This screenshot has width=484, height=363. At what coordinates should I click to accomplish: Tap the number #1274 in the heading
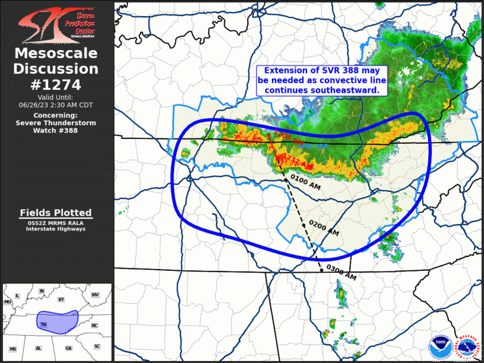tap(56, 84)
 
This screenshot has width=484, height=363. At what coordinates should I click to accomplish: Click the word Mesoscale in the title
tap(56, 54)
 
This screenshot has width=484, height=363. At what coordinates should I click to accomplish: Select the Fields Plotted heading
tap(56, 213)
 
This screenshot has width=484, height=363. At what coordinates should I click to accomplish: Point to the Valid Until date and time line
tap(56, 104)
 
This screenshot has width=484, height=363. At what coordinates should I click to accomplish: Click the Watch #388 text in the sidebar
tap(56, 130)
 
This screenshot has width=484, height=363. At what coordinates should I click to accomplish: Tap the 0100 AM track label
tap(306, 184)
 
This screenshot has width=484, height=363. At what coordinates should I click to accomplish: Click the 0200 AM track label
tap(324, 228)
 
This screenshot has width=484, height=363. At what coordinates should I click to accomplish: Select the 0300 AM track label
tap(341, 274)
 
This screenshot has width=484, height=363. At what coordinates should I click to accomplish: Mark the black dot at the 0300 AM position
tap(322, 270)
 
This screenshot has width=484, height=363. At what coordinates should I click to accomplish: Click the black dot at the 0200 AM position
tap(303, 225)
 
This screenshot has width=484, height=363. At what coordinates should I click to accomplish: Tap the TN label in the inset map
tap(43, 324)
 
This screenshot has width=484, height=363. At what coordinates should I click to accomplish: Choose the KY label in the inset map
tap(61, 299)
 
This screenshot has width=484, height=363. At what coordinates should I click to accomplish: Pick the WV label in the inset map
tap(95, 295)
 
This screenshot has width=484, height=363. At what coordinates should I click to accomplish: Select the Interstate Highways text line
tap(56, 229)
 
